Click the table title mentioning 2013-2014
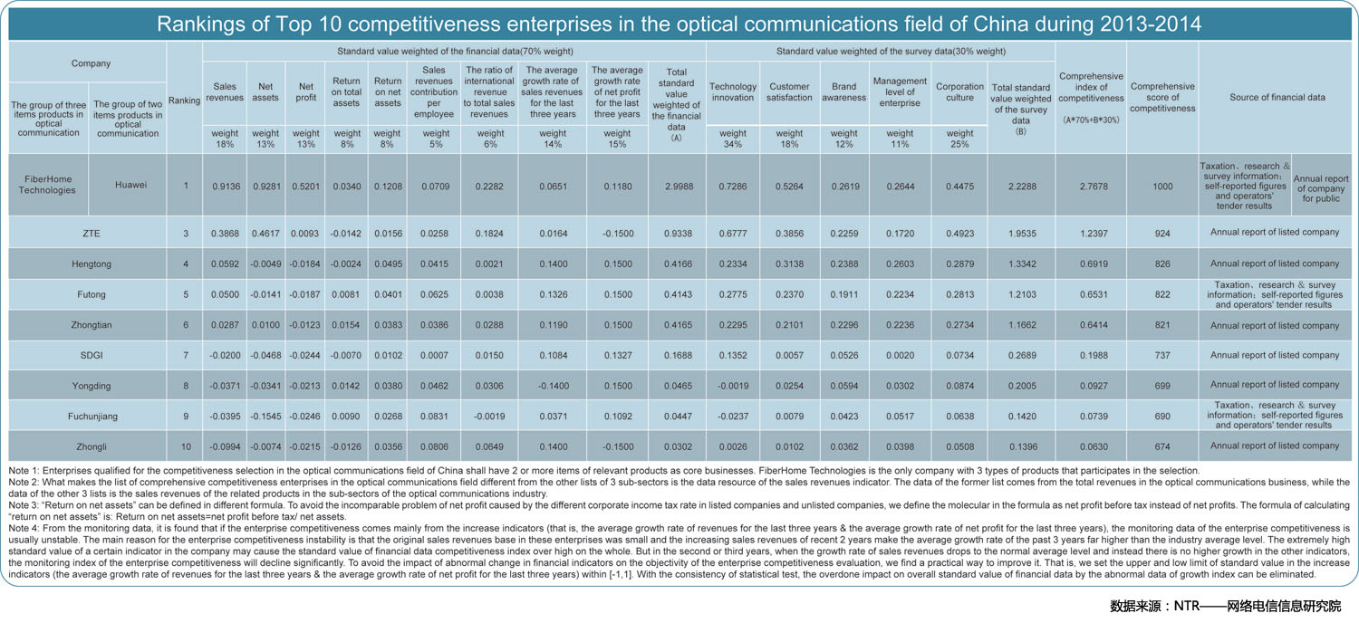pyautogui.click(x=679, y=24)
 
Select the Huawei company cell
pyautogui.click(x=131, y=185)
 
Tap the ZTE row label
pyautogui.click(x=91, y=233)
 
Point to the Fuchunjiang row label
pyautogui.click(x=92, y=417)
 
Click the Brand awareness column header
pyautogui.click(x=843, y=91)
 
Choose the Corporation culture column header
pyautogui.click(x=959, y=91)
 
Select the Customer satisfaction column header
pyautogui.click(x=789, y=91)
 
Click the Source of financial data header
pyautogui.click(x=1277, y=97)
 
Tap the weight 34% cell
pyautogui.click(x=733, y=139)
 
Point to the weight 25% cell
pyautogui.click(x=959, y=139)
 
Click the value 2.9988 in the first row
pyautogui.click(x=679, y=187)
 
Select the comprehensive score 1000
pyautogui.click(x=1162, y=187)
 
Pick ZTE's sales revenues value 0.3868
pyautogui.click(x=225, y=233)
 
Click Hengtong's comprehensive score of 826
pyautogui.click(x=1162, y=264)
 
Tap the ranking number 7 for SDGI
pyautogui.click(x=186, y=355)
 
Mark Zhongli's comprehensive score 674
pyautogui.click(x=1162, y=446)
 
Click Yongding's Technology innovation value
pyautogui.click(x=733, y=385)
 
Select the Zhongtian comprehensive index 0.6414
pyautogui.click(x=1094, y=324)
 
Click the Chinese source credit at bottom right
pyautogui.click(x=1225, y=606)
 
